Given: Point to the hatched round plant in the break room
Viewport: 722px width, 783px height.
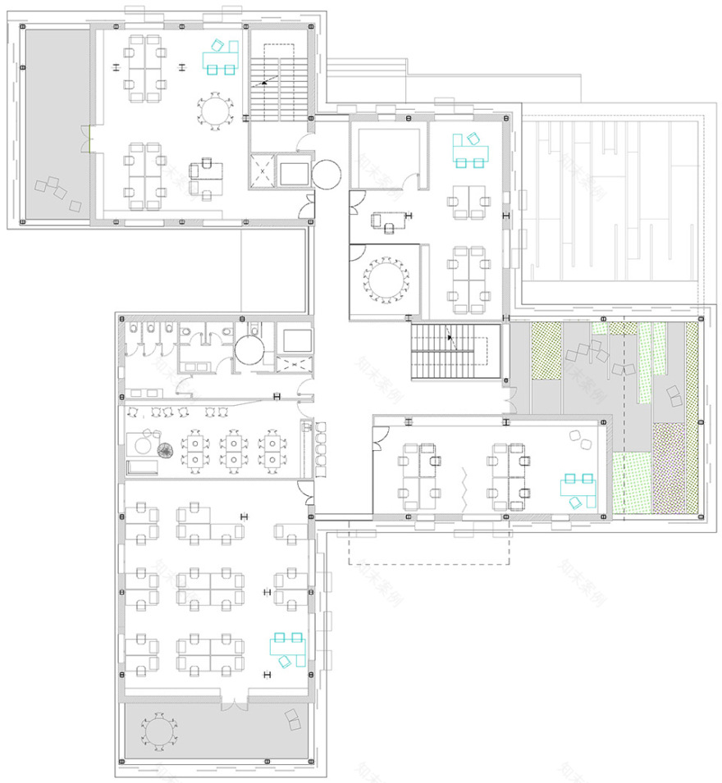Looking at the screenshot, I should pyautogui.click(x=167, y=450).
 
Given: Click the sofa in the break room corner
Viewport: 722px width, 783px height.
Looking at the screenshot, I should pyautogui.click(x=142, y=467).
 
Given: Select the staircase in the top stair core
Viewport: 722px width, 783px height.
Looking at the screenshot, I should pyautogui.click(x=277, y=83).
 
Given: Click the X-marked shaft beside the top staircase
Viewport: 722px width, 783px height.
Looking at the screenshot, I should pyautogui.click(x=263, y=170).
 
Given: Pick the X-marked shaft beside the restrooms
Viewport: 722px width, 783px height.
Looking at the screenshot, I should pyautogui.click(x=293, y=366).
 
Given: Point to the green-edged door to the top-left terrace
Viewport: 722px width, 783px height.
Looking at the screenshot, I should pyautogui.click(x=86, y=139).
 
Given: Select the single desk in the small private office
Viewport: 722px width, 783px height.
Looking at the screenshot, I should pyautogui.click(x=389, y=219).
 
